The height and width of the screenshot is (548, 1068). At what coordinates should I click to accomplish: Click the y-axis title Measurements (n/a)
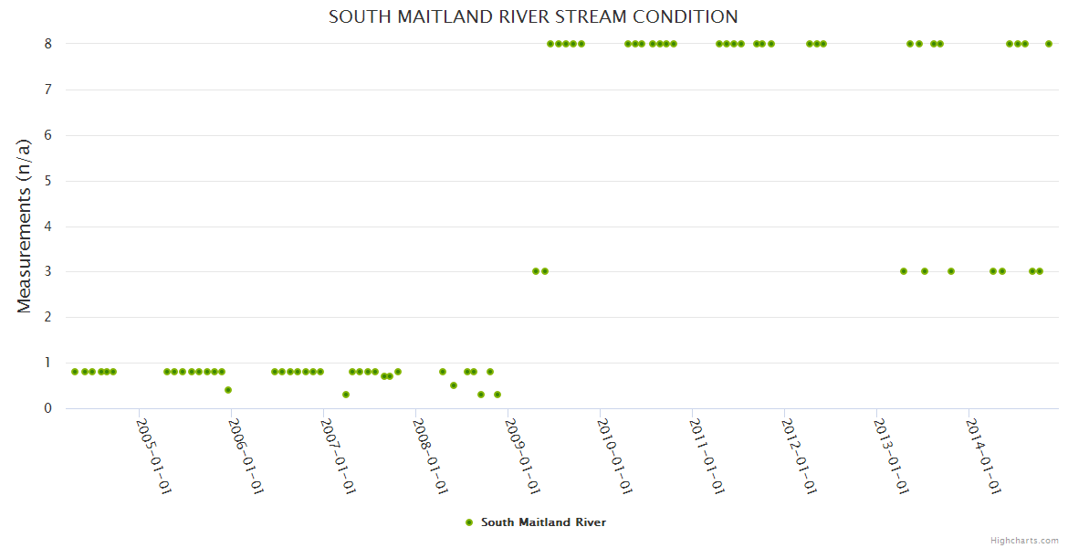click(x=25, y=226)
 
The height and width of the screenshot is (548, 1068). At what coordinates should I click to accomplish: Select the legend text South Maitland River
click(x=543, y=522)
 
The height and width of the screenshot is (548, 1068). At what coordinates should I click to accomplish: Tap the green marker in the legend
click(x=469, y=522)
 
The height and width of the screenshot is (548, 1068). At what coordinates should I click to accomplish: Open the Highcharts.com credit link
click(x=1024, y=540)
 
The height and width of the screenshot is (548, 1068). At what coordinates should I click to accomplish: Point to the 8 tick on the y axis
click(x=47, y=43)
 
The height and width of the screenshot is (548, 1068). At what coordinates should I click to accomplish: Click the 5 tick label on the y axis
click(x=47, y=181)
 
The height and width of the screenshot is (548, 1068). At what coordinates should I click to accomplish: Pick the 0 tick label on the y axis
click(x=47, y=408)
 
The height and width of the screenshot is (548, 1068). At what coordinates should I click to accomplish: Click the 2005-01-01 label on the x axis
click(x=153, y=456)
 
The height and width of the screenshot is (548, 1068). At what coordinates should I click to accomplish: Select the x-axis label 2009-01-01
click(x=522, y=456)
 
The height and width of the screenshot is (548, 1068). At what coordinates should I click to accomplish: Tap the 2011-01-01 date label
click(x=707, y=456)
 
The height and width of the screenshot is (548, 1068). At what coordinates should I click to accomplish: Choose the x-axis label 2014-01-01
click(x=983, y=456)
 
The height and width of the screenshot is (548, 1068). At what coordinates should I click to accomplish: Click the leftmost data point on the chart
click(x=75, y=372)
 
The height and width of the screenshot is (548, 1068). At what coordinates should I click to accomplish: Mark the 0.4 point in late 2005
click(x=228, y=390)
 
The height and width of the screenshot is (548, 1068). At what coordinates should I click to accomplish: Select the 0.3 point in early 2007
click(x=346, y=395)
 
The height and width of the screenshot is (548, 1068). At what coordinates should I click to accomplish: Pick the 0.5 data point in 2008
click(x=454, y=385)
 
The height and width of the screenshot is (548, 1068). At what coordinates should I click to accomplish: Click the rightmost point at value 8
click(x=1049, y=44)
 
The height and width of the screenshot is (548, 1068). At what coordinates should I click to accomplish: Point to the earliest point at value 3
click(x=536, y=271)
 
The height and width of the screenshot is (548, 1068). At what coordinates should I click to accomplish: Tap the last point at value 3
click(x=1040, y=271)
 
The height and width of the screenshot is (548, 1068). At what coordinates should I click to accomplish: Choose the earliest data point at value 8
click(x=550, y=44)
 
